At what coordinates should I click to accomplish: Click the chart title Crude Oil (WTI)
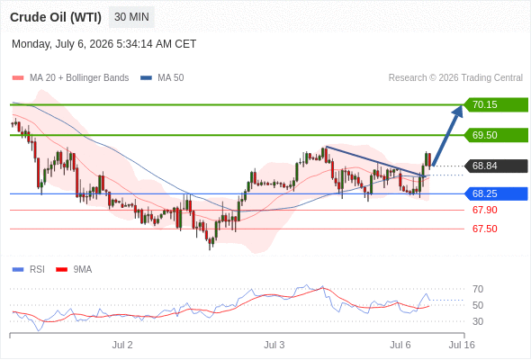[56, 17]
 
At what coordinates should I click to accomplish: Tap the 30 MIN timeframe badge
[131, 17]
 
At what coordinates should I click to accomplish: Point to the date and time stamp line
[104, 44]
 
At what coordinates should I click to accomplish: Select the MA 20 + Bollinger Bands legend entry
[70, 78]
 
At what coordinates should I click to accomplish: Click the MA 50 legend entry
[162, 78]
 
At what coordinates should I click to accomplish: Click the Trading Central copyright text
[455, 78]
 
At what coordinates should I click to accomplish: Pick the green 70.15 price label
[496, 104]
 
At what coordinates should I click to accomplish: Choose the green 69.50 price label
[496, 135]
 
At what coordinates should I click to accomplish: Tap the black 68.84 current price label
[496, 166]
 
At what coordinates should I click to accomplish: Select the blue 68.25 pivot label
[496, 193]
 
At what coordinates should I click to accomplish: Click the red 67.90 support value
[485, 210]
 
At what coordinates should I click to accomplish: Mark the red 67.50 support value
[485, 229]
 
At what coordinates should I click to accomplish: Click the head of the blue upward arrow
[462, 105]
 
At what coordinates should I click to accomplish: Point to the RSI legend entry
[29, 270]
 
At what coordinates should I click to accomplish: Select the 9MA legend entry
[74, 270]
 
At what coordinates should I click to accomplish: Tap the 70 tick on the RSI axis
[478, 289]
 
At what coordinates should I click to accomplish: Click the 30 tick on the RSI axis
[478, 321]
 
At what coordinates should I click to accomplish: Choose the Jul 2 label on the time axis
[122, 345]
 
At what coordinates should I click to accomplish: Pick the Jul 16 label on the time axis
[462, 345]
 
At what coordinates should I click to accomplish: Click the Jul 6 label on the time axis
[400, 345]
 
